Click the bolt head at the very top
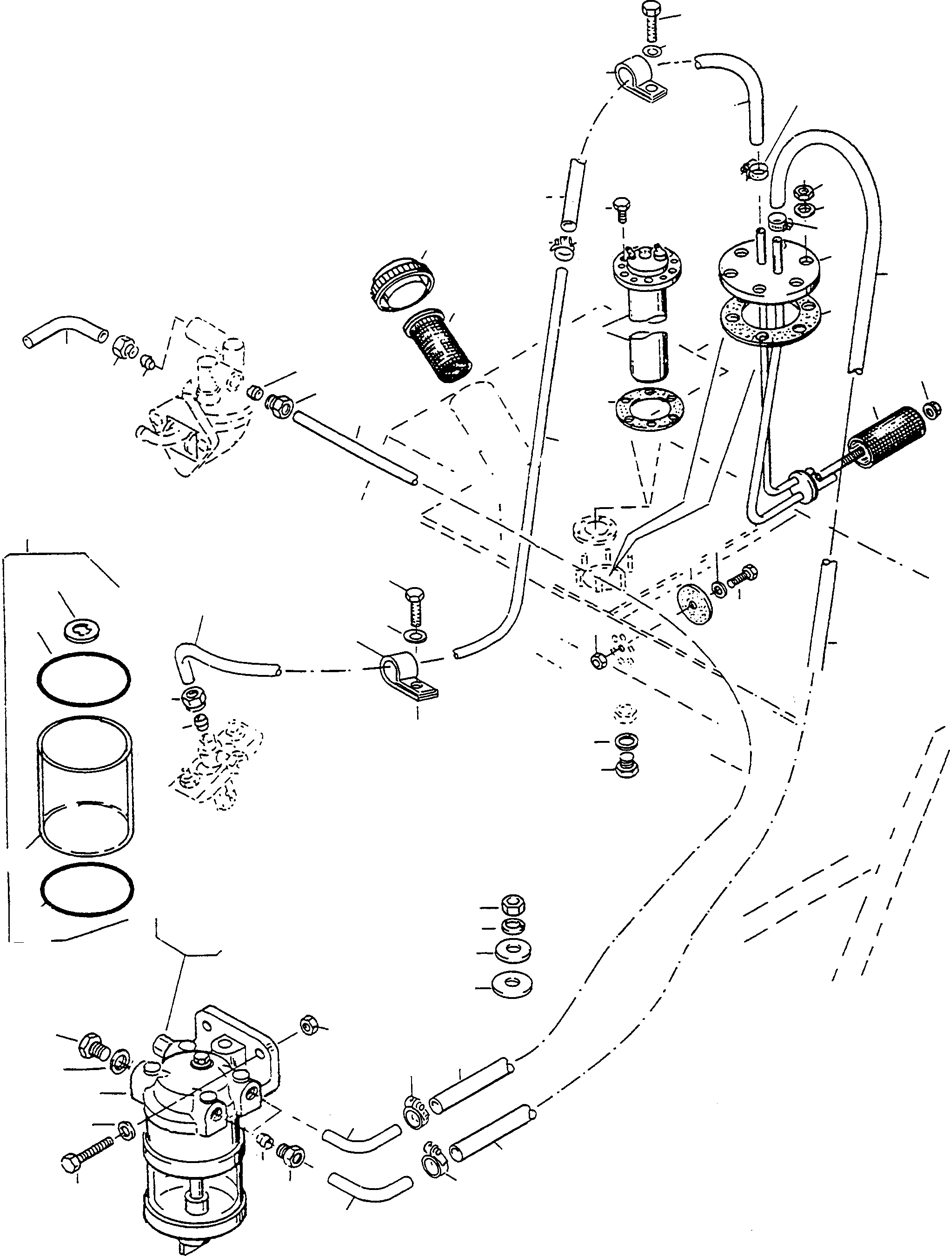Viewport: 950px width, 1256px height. (x=651, y=10)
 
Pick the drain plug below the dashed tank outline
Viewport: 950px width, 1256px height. (x=627, y=767)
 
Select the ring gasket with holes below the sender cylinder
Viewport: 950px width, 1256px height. (x=649, y=407)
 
